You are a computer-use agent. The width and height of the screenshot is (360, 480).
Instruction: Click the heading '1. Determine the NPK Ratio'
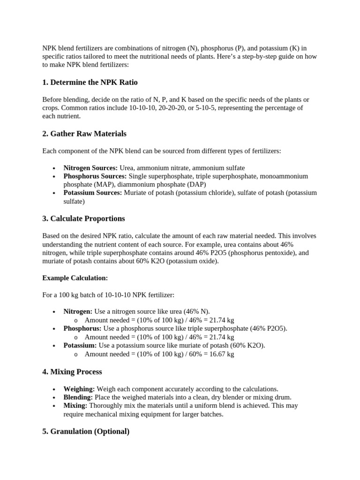(90, 82)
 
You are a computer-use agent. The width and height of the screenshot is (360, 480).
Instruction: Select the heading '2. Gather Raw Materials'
(84, 134)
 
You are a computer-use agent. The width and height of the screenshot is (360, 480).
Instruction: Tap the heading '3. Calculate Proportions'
(84, 218)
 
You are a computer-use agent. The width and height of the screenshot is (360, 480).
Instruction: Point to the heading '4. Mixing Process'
(72, 372)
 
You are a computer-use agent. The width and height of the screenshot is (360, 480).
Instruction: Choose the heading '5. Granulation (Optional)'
(86, 431)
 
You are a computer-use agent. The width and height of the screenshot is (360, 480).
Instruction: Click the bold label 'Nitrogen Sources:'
(90, 168)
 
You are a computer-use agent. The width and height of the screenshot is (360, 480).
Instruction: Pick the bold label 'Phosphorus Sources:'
(95, 176)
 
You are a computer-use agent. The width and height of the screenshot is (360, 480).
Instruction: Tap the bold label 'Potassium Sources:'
(93, 193)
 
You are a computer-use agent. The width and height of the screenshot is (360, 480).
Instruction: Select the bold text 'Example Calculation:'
(75, 278)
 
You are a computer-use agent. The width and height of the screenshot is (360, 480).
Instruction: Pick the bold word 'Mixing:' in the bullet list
(75, 405)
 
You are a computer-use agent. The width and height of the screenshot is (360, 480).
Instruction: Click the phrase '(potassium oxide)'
(192, 261)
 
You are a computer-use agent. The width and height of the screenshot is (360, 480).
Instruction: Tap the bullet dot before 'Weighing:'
(55, 389)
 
